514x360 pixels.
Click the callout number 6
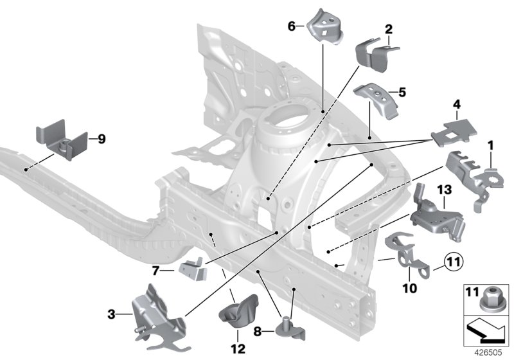pos(292,26)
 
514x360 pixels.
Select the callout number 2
pos(388,29)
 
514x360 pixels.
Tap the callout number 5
pos(402,92)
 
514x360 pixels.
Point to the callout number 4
pos(457,104)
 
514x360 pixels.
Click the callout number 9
pos(102,138)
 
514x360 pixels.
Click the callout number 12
pos(238,349)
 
